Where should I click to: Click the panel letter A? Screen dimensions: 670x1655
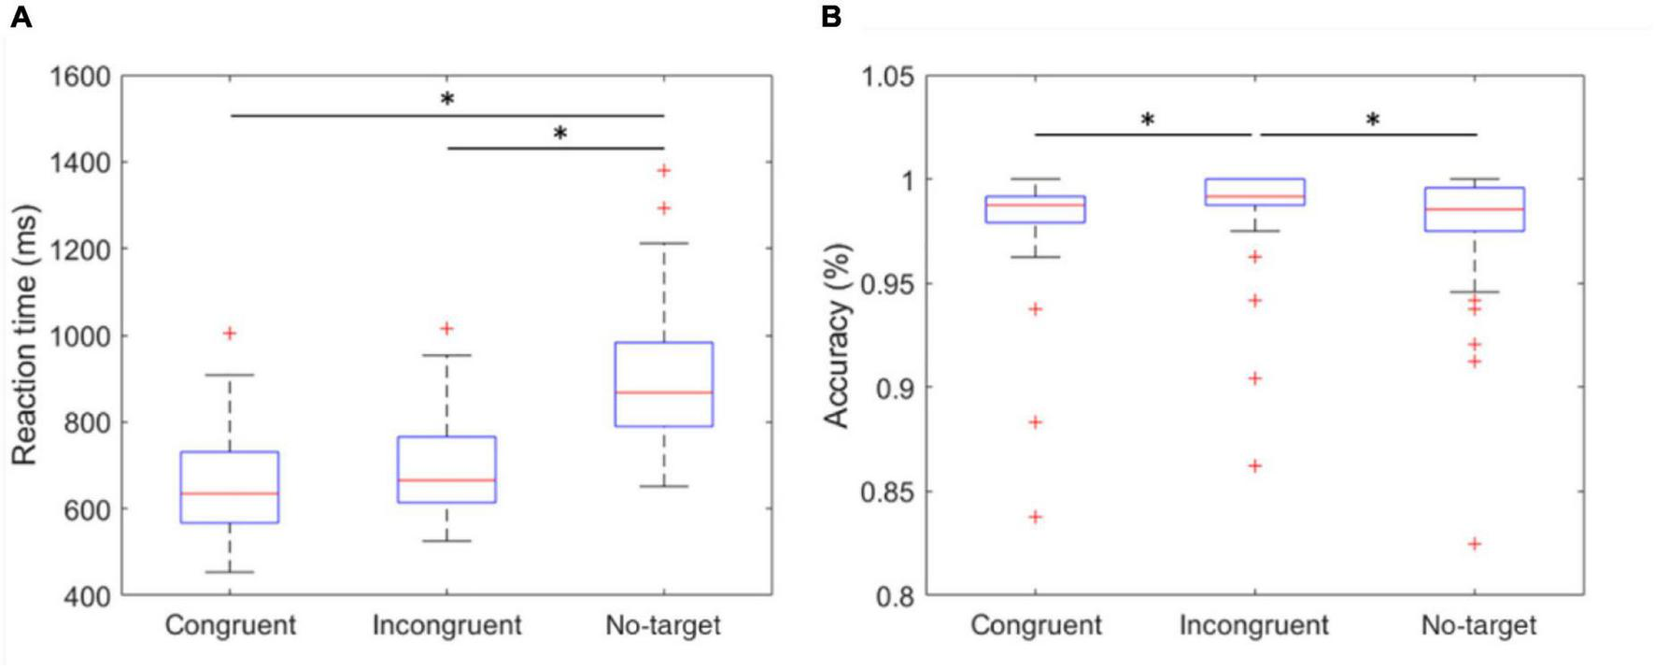[21, 17]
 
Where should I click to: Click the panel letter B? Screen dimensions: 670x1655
[831, 17]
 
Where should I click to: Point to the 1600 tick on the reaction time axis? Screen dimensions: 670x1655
[79, 76]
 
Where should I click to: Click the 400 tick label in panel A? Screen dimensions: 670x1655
[85, 595]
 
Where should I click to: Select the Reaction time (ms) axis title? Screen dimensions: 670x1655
[25, 335]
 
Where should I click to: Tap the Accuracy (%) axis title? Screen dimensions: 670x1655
[837, 335]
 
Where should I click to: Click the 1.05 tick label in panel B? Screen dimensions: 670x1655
[886, 76]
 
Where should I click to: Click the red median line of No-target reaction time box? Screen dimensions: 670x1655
[663, 392]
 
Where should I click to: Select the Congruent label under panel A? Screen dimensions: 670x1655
[230, 625]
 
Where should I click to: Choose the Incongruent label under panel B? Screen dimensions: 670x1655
[1253, 625]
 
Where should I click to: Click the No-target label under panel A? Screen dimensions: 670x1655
[663, 625]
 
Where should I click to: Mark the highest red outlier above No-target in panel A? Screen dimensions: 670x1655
[664, 170]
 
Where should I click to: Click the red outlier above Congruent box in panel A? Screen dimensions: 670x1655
[230, 334]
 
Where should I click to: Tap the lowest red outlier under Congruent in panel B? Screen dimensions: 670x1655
[1036, 517]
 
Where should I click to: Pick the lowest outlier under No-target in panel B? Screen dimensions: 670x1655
[1475, 544]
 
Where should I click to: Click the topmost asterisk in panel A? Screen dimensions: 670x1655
[447, 99]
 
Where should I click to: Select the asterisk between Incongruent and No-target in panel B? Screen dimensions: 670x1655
[1372, 120]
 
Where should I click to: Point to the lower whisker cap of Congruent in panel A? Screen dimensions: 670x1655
[230, 572]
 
